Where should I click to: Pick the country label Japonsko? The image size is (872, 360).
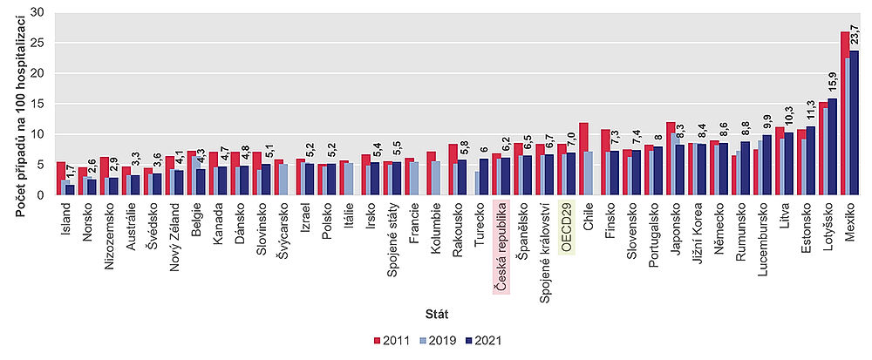click(675, 228)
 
